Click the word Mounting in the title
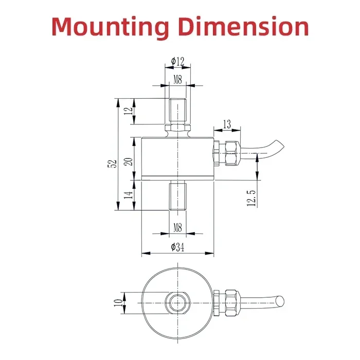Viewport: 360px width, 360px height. point(111,28)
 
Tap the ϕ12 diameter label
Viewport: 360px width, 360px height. point(178,61)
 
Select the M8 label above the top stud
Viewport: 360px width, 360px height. point(178,79)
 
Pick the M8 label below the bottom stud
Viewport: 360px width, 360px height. point(178,228)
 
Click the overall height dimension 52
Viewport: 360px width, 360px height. point(112,163)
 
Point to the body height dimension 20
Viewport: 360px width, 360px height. point(129,161)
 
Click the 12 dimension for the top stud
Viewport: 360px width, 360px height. point(129,111)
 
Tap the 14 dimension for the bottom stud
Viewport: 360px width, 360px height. point(129,195)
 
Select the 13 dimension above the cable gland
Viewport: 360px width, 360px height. point(227,124)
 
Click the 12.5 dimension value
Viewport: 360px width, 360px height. point(251,198)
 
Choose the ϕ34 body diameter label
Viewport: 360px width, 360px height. point(178,247)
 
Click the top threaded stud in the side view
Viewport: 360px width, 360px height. point(178,111)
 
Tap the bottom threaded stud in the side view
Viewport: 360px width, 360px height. point(178,195)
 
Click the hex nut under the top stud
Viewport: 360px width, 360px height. point(178,128)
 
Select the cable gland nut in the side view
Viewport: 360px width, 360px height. point(232,153)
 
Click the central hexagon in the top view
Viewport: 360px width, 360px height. point(178,303)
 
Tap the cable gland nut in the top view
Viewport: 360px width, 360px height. point(232,303)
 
